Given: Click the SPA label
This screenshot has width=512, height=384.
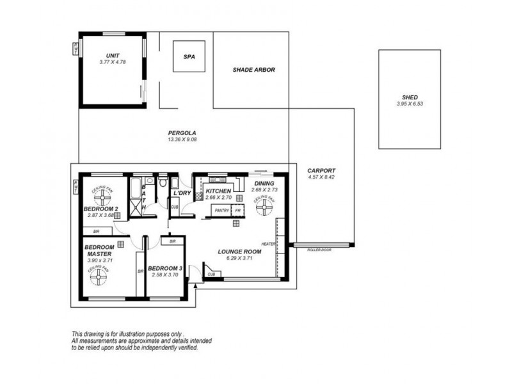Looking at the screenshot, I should [189, 56].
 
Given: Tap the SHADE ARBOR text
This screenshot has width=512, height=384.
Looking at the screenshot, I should [253, 69].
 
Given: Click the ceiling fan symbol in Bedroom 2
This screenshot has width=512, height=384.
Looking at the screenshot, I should [102, 193].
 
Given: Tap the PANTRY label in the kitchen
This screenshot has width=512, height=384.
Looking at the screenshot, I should [222, 210].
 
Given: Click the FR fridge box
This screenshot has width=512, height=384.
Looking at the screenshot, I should [237, 210].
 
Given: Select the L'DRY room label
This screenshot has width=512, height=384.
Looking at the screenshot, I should [183, 193].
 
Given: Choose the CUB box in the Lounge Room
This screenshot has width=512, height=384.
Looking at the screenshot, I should [211, 274].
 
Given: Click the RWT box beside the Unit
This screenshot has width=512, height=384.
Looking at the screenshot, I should [77, 49].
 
